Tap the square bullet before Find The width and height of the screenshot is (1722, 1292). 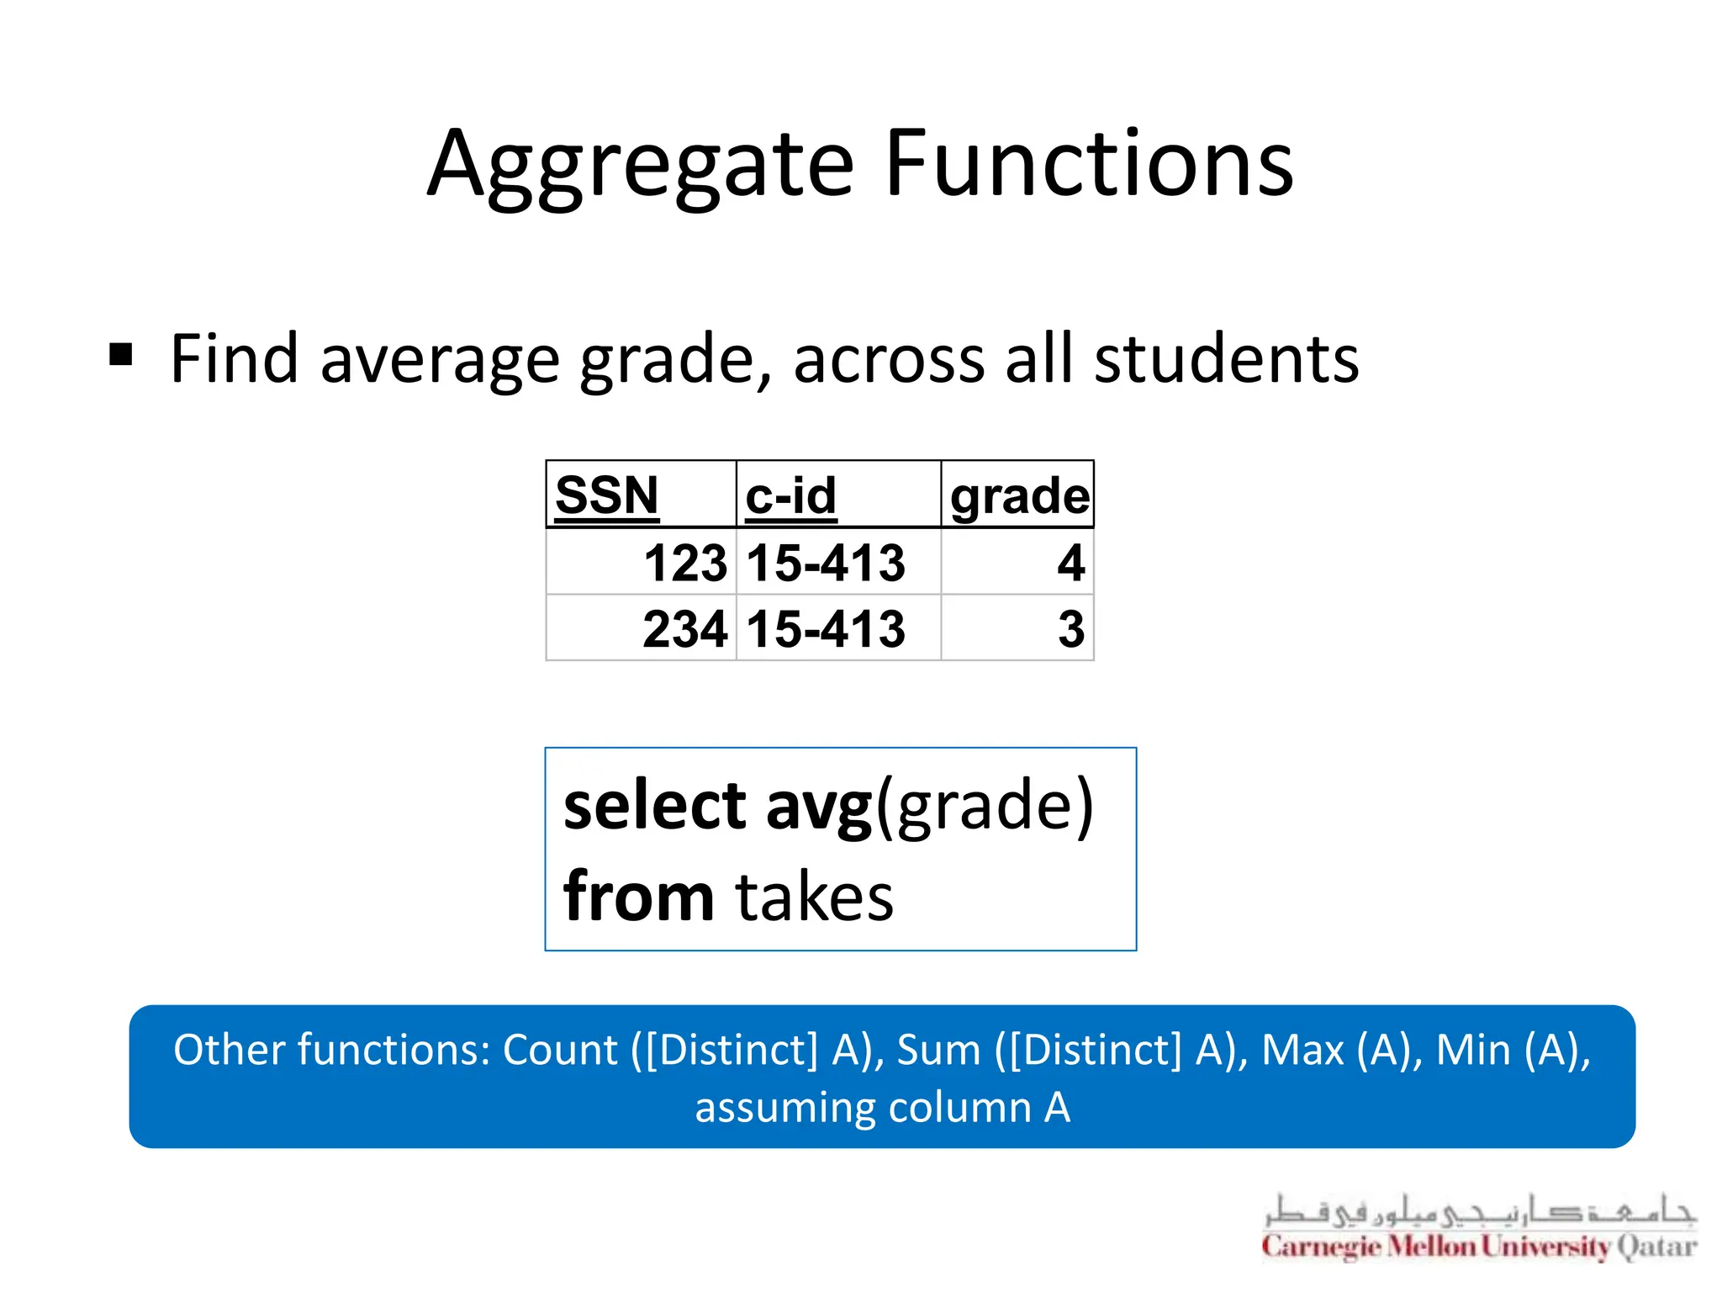[121, 355]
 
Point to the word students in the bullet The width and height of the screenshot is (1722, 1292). [1226, 359]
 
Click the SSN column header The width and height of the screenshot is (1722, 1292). [607, 495]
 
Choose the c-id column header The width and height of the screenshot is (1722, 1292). [791, 495]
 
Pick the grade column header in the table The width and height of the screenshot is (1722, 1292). [1019, 495]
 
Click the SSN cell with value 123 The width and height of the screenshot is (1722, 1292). [684, 562]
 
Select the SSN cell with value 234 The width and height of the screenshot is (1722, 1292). [684, 628]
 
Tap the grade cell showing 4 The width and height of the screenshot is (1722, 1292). [1070, 562]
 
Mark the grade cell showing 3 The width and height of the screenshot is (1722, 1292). [1070, 628]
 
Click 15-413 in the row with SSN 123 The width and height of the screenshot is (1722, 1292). [826, 562]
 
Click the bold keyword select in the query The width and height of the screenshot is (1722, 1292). [654, 805]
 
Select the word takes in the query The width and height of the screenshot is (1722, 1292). [814, 898]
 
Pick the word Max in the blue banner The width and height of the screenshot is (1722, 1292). [1302, 1050]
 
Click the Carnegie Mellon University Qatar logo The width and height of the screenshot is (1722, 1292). [1479, 1228]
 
